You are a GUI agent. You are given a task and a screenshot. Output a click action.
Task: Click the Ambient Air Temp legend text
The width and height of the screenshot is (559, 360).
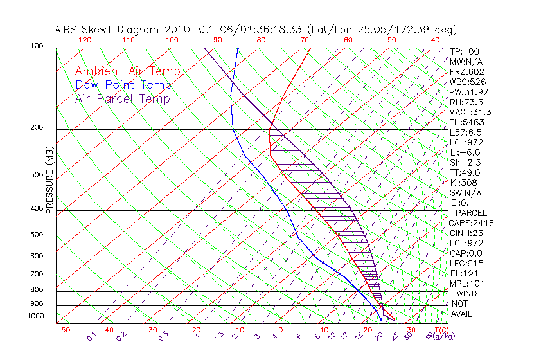click(127, 71)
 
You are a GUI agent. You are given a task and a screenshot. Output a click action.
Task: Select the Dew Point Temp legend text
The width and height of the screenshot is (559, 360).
click(123, 85)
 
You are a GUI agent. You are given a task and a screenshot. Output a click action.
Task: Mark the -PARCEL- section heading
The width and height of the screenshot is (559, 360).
click(471, 213)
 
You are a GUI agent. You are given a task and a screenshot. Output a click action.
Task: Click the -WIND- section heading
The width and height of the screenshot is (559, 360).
click(467, 293)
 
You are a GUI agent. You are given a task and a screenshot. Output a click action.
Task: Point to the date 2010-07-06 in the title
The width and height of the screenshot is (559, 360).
click(193, 30)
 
